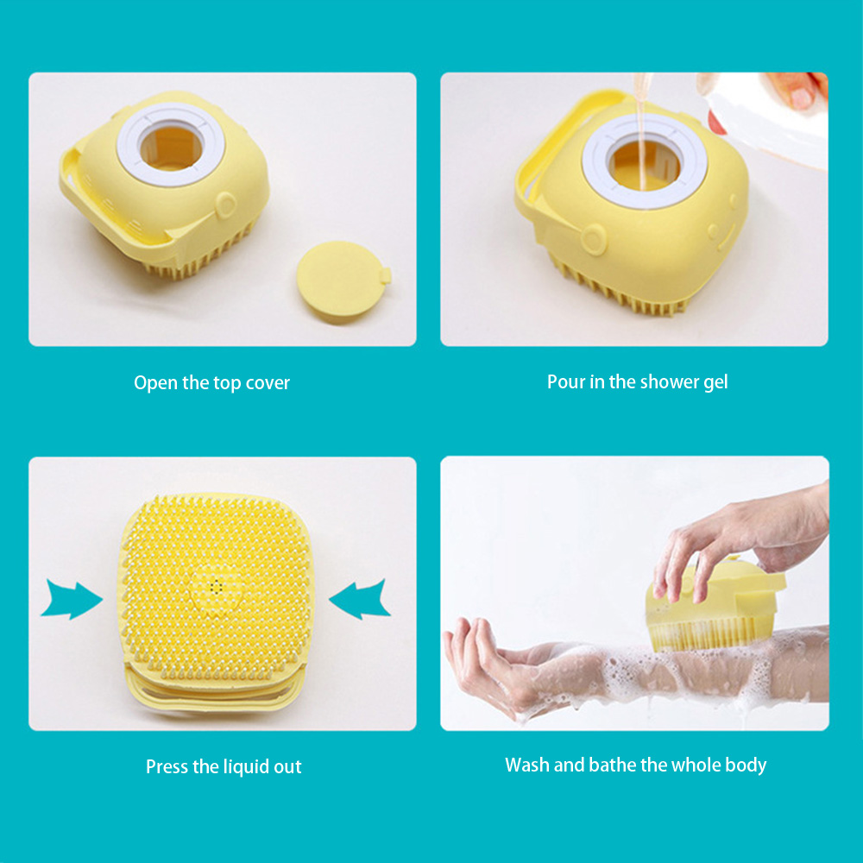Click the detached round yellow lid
coord(343,281)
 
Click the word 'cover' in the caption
coord(268,383)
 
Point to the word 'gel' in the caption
coord(715,382)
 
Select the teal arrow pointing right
coord(72,599)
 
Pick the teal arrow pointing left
coord(360,599)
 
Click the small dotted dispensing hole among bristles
coord(217,587)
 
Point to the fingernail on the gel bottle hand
coord(802,98)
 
